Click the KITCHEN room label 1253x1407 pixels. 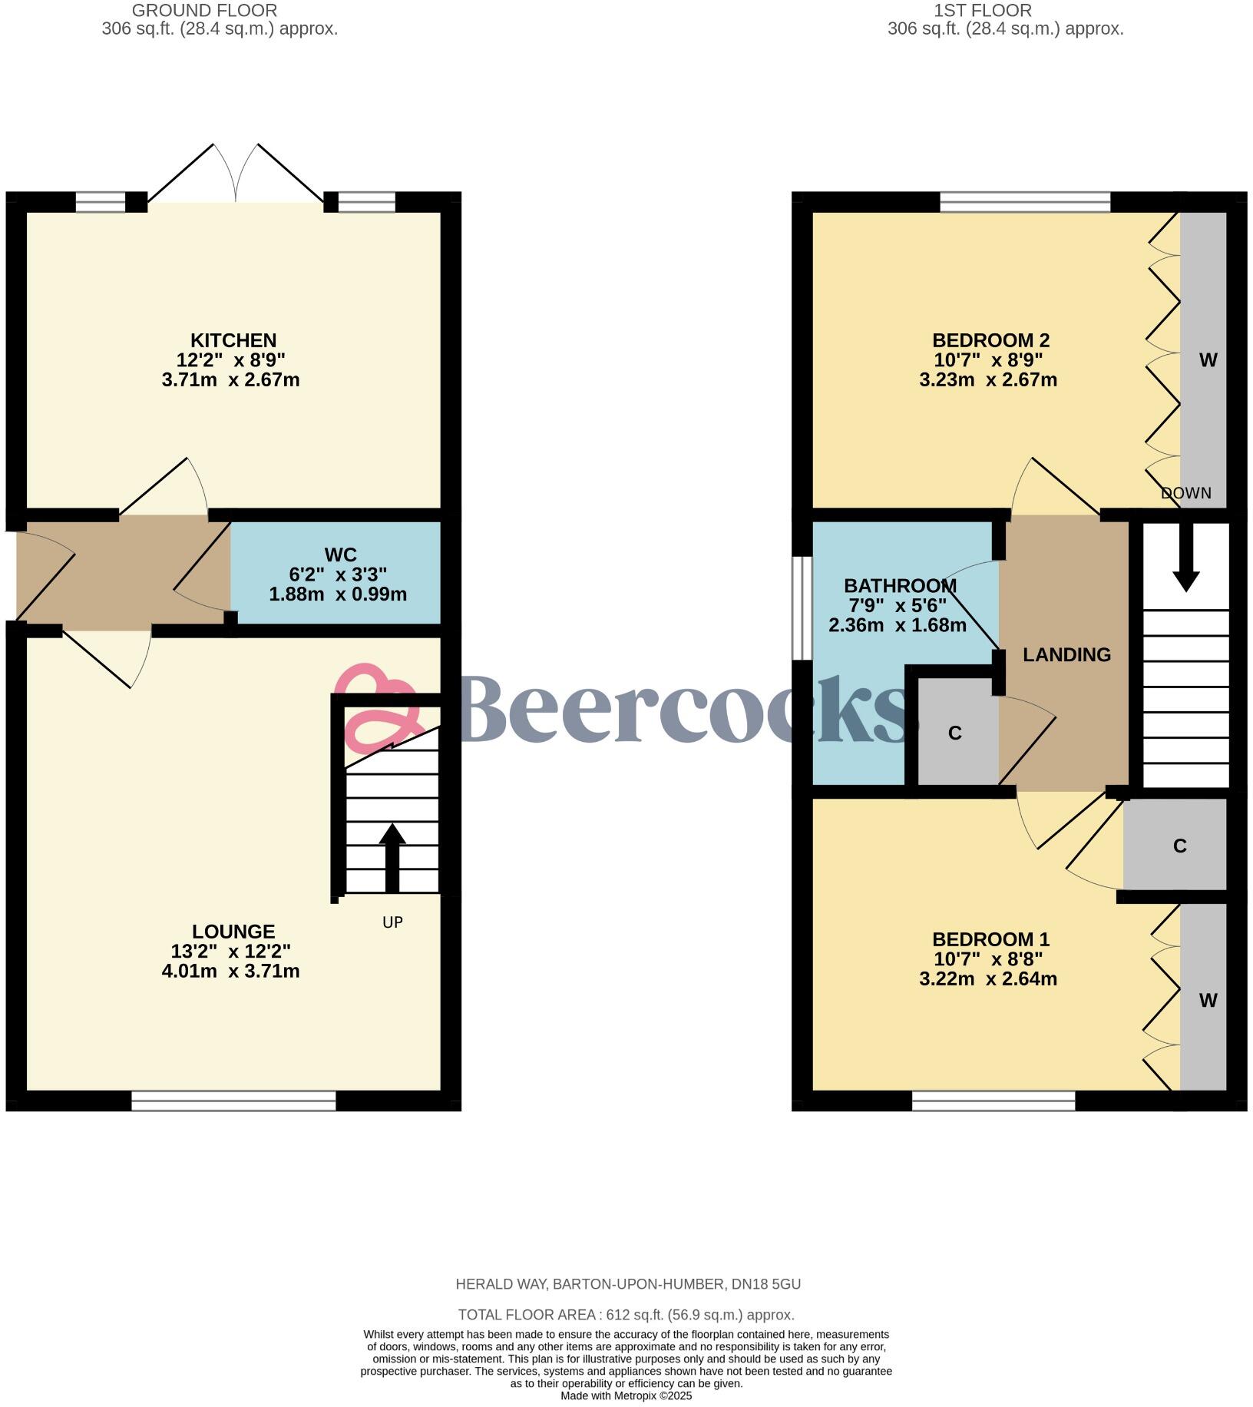[x=233, y=340]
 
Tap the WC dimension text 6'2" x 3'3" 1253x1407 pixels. [x=338, y=574]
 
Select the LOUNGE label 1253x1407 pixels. [x=233, y=932]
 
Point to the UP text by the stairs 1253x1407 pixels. [x=392, y=922]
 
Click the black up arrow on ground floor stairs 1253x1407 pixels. [x=392, y=856]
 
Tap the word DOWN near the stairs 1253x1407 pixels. [x=1186, y=494]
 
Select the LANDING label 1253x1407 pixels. [x=1066, y=655]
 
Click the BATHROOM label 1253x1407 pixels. [x=900, y=586]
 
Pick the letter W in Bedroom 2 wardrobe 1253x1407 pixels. [x=1208, y=360]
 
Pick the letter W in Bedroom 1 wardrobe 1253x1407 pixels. [x=1208, y=1001]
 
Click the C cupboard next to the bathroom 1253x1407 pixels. [x=955, y=733]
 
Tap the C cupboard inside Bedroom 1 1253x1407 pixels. [x=1180, y=846]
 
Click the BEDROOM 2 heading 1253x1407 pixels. [x=990, y=340]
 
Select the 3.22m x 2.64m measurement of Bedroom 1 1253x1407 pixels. [x=987, y=979]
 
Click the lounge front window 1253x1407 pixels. [x=233, y=1101]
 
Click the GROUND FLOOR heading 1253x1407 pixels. [x=204, y=11]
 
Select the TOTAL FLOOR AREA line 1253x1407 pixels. [x=626, y=1315]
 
